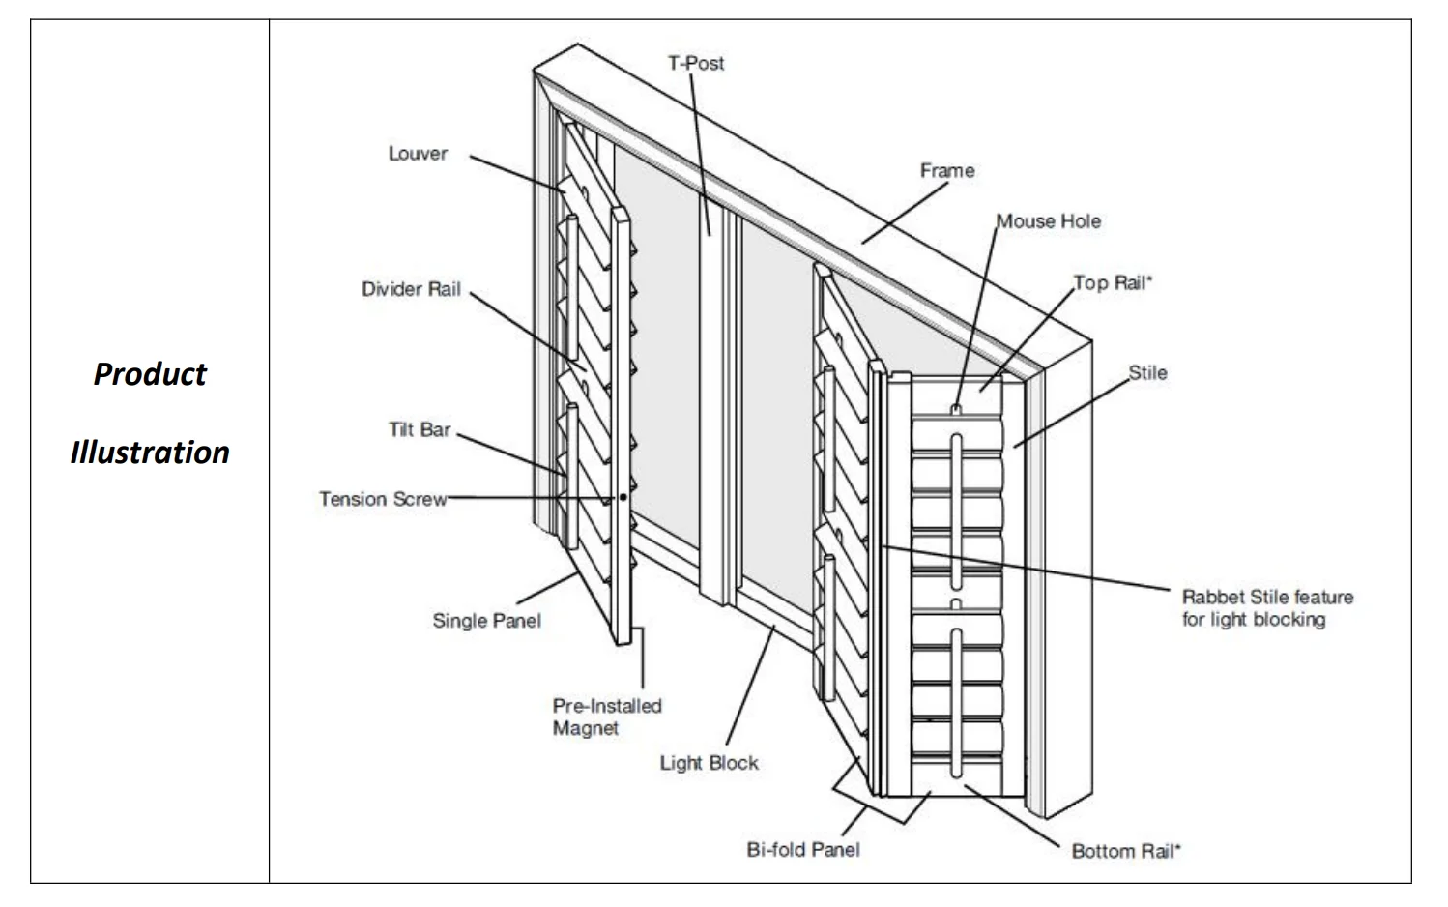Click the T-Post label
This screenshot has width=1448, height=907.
(695, 64)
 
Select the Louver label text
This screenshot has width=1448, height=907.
(418, 154)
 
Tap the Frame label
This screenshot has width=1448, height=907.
(946, 171)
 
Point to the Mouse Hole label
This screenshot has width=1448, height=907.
(1049, 221)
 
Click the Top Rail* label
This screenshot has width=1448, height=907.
(1114, 283)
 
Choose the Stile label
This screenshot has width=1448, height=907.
(1147, 373)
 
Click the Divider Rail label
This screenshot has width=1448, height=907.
(411, 289)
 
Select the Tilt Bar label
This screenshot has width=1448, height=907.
(420, 429)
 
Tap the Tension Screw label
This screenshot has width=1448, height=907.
(383, 499)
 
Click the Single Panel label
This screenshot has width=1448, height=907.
(486, 621)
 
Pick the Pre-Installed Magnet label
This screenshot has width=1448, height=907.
(606, 717)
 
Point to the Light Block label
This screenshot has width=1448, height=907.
(709, 763)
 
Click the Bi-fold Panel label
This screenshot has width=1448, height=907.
(802, 850)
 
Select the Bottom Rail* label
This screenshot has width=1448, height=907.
(1126, 852)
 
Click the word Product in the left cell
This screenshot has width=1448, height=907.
(150, 374)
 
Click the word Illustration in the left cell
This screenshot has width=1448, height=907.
(150, 453)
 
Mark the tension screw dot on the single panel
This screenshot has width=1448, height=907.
(623, 497)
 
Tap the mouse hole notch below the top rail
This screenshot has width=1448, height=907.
(955, 410)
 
